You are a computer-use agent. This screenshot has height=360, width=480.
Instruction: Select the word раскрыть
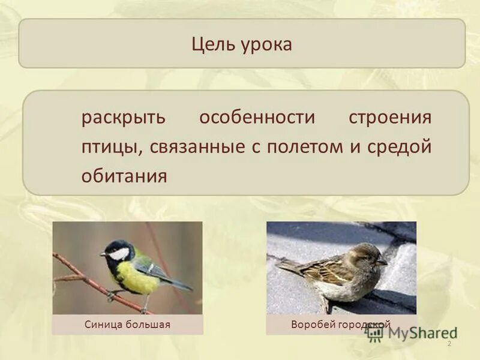click(x=123, y=118)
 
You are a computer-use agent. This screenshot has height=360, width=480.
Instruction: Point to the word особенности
click(x=257, y=118)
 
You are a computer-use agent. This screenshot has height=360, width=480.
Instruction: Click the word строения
click(x=390, y=118)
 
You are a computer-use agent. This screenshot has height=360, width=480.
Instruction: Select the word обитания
click(x=124, y=177)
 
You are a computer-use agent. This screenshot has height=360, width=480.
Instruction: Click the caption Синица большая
click(x=127, y=325)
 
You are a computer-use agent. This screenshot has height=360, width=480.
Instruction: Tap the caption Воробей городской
click(x=340, y=325)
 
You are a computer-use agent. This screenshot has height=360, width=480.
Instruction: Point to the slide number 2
click(x=449, y=343)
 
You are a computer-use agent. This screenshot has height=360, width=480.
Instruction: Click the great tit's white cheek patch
click(x=119, y=253)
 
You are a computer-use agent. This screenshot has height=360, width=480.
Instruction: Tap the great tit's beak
click(x=103, y=254)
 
